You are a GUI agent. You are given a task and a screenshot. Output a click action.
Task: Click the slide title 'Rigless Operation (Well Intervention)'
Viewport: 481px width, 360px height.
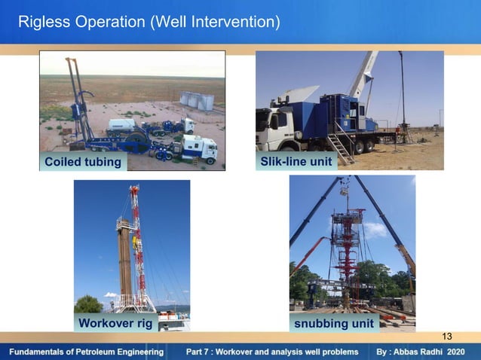149,23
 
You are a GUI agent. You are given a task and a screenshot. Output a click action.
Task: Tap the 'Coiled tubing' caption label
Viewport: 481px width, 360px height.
83,162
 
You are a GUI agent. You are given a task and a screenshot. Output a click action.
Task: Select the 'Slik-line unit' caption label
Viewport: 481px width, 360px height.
296,162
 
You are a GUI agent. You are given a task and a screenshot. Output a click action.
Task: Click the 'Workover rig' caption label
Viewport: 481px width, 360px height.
115,323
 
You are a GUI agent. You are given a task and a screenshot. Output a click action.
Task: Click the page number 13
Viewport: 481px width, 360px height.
447,336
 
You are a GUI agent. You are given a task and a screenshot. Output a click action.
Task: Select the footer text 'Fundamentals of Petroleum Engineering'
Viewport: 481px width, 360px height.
86,352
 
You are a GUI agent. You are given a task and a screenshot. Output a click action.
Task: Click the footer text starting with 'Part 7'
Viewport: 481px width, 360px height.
272,352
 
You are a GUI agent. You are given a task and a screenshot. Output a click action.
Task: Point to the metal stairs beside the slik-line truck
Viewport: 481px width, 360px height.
341,148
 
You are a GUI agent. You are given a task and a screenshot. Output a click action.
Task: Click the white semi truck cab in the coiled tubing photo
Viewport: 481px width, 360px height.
201,148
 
